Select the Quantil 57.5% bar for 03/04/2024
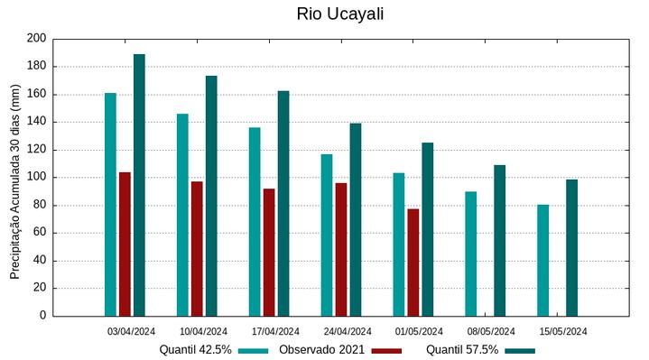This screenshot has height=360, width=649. coord(139,185)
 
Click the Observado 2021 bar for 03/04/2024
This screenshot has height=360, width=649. coord(125,244)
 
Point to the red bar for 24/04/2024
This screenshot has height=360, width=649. coord(341,249)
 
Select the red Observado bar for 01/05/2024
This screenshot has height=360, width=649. coord(413,262)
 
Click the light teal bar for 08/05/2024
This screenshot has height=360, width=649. coord(471,254)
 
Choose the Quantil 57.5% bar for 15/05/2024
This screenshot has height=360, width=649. coord(571,247)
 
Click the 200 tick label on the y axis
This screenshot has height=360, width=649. coord(36,39)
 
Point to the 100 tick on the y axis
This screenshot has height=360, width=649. coord(36,178)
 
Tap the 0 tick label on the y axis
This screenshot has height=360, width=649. coord(42,316)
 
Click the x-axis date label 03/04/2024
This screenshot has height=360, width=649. coord(131,331)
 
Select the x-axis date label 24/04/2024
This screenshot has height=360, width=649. coord(347,331)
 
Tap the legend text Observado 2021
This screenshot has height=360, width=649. coord(321,350)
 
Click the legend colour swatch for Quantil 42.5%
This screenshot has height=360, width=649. coord(255,350)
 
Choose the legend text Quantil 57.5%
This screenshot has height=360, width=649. coord(461,350)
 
